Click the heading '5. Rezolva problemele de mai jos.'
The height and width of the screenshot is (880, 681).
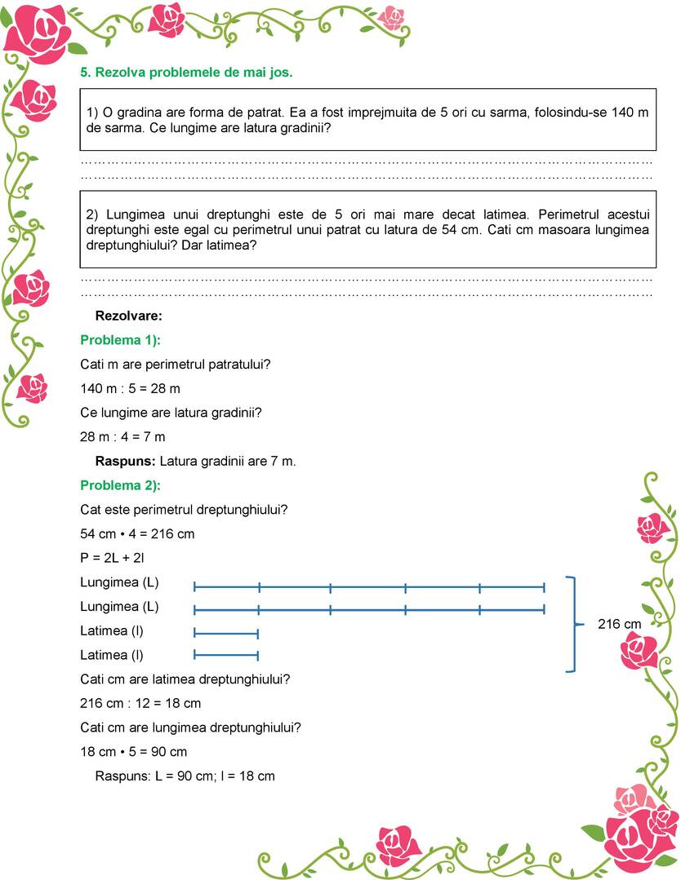tap(186, 72)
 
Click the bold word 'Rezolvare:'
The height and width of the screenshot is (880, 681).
tap(129, 315)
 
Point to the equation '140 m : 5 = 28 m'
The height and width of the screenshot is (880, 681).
tap(130, 388)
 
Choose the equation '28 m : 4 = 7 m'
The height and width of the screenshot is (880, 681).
tap(122, 436)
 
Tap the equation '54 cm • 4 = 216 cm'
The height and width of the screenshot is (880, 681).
tap(137, 534)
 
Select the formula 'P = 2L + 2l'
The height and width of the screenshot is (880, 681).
tap(113, 559)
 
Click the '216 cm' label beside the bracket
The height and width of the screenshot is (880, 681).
tap(621, 624)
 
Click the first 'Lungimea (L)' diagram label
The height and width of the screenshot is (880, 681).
tap(119, 582)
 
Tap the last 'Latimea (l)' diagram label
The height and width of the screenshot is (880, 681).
tap(113, 654)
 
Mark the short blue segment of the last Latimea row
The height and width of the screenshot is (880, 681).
tap(226, 655)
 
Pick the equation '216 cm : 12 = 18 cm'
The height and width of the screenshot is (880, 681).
tap(140, 703)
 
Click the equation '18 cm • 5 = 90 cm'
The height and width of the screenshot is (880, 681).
tap(134, 751)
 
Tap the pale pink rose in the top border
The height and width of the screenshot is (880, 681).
tap(393, 16)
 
